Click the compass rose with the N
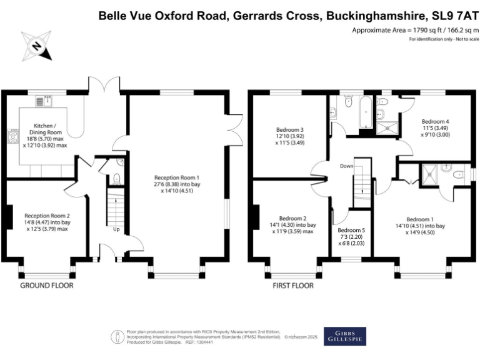coord(37,46)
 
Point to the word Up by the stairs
coord(116,229)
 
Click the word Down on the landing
coord(347,166)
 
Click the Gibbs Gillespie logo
coord(345,336)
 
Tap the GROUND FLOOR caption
coord(47,286)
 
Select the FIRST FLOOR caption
coord(292,286)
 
